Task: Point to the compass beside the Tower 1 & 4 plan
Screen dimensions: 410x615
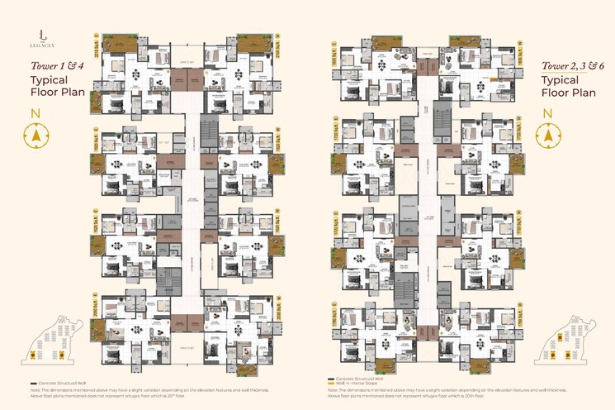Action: point(35,135)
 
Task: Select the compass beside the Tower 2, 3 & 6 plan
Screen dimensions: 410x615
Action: point(546,134)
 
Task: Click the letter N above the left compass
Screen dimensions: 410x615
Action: point(35,113)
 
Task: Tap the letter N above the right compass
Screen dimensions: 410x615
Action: point(546,112)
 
